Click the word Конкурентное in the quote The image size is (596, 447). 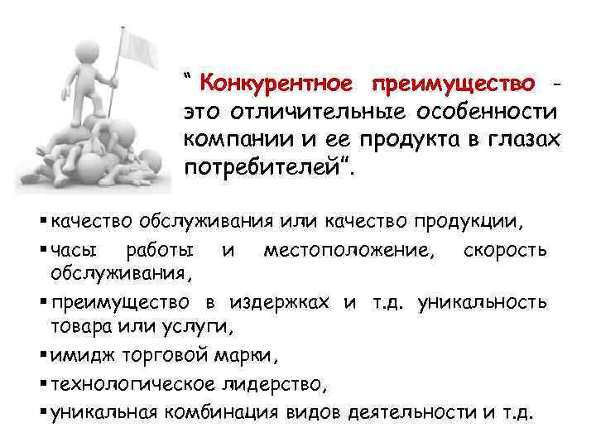point(276,84)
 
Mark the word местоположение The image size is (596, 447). point(346,249)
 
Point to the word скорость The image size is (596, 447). point(506,249)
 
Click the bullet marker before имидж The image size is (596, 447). point(43,358)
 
